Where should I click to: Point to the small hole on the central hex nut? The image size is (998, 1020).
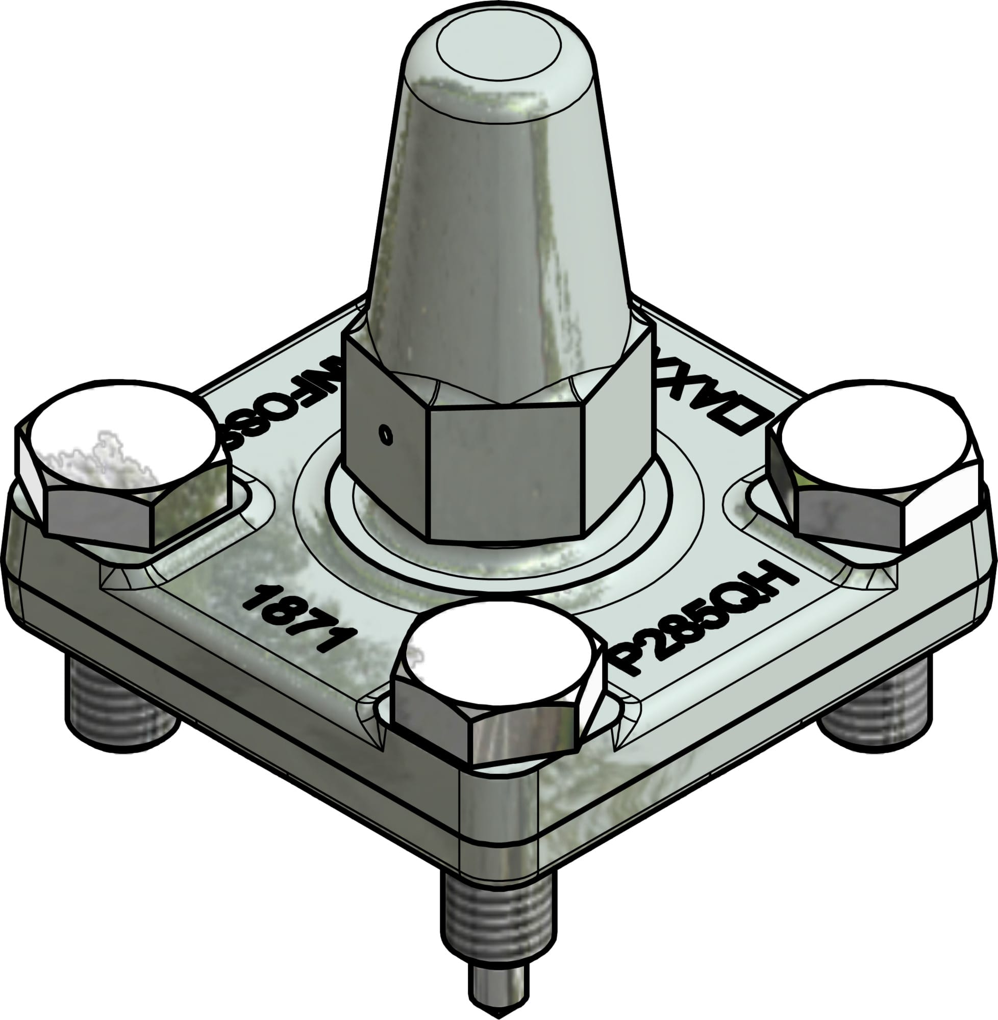point(386,435)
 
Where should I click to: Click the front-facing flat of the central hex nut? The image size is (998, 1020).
point(506,474)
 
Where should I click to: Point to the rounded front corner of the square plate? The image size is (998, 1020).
point(498,833)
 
